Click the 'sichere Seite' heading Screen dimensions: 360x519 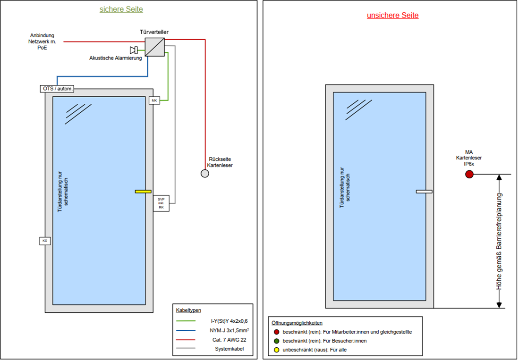[121, 9]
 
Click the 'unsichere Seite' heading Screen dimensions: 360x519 [392, 15]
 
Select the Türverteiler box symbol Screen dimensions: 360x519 [154, 47]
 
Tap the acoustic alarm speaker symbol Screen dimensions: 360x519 [134, 50]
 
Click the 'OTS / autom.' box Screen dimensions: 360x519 [57, 89]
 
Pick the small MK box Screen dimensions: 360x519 [154, 100]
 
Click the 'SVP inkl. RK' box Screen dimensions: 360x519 [161, 203]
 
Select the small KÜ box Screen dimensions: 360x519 [45, 241]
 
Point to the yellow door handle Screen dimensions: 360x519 [143, 192]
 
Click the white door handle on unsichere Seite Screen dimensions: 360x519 [424, 192]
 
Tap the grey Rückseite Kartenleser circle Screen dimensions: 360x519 [205, 174]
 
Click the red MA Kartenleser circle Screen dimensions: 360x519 [469, 175]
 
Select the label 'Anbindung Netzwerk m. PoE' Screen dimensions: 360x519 [42, 42]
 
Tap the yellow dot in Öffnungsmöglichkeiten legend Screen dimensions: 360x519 [277, 350]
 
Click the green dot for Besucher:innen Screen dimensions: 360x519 [277, 341]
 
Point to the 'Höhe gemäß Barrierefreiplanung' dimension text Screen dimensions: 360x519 [499, 241]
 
